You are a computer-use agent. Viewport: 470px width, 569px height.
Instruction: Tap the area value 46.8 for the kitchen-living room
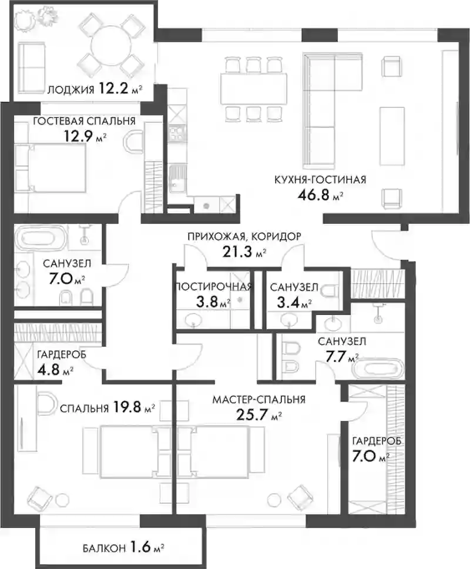(x=313, y=195)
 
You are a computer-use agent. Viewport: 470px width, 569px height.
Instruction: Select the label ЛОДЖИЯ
(x=70, y=89)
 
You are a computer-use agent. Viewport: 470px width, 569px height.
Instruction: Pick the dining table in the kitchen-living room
(x=254, y=88)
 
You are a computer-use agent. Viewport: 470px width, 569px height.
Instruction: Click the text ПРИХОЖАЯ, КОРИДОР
(x=244, y=237)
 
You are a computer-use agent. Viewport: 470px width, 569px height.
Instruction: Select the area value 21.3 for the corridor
(x=237, y=251)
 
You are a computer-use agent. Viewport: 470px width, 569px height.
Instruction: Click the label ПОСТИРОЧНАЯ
(x=213, y=287)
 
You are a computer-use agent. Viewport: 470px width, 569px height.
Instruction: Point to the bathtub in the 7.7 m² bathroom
(x=378, y=369)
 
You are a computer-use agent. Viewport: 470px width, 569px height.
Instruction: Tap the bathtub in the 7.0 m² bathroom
(x=41, y=238)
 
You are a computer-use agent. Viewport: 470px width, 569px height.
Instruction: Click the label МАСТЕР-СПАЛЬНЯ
(x=259, y=400)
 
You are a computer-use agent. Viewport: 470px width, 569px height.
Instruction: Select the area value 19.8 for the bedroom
(x=127, y=407)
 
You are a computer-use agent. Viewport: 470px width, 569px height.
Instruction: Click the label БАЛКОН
(x=104, y=548)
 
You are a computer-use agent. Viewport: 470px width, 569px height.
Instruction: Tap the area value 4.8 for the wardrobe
(x=48, y=370)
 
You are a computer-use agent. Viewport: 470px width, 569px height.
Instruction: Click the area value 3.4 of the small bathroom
(x=288, y=302)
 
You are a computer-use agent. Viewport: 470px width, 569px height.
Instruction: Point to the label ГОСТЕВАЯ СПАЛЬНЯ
(x=84, y=121)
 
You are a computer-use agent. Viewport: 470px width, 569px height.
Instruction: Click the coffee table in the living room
(x=392, y=136)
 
